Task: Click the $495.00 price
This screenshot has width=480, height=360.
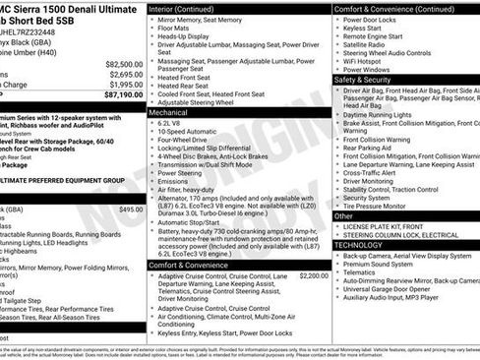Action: [130, 209]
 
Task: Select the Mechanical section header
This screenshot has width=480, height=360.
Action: [171, 113]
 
